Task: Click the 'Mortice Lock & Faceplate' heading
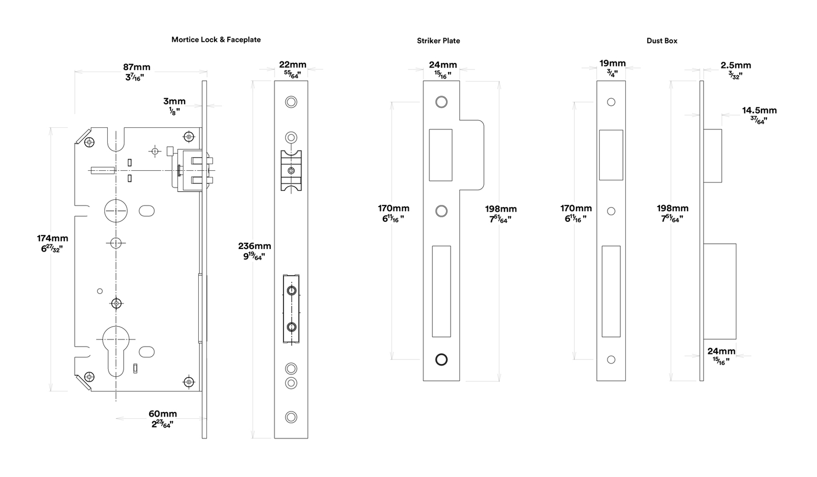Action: pyautogui.click(x=216, y=39)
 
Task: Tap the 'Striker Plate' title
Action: pyautogui.click(x=438, y=40)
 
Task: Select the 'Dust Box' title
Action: pyautogui.click(x=662, y=40)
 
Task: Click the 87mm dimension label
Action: pyautogui.click(x=136, y=67)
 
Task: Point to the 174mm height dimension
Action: pyautogui.click(x=53, y=238)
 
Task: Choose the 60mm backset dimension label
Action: pyautogui.click(x=162, y=414)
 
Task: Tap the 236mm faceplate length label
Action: pyautogui.click(x=254, y=245)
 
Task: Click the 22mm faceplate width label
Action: pyautogui.click(x=292, y=64)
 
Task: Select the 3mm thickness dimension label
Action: pyautogui.click(x=174, y=101)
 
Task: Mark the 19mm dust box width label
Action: pyautogui.click(x=613, y=63)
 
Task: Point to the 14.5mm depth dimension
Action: pyautogui.click(x=759, y=110)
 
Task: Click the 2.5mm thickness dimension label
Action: pyautogui.click(x=736, y=65)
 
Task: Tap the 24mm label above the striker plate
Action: pyautogui.click(x=443, y=64)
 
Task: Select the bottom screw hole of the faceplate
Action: pyautogui.click(x=291, y=417)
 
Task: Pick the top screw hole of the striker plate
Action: pyautogui.click(x=441, y=102)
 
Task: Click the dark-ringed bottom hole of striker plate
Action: pyautogui.click(x=441, y=359)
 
